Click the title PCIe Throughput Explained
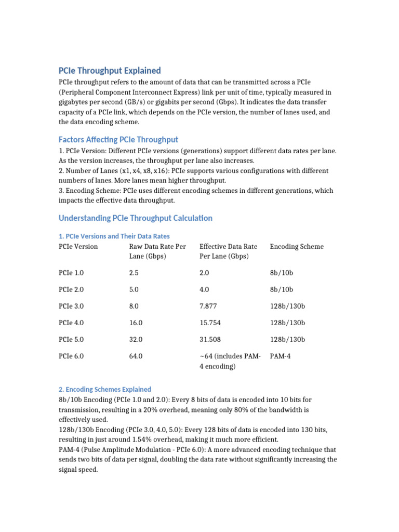pos(110,71)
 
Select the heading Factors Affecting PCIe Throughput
pos(118,139)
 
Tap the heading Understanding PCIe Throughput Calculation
pos(136,218)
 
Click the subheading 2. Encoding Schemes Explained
pos(105,389)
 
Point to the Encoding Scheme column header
pos(297,247)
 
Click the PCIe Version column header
pos(78,247)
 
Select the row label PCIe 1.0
pos(71,273)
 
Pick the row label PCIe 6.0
pos(71,356)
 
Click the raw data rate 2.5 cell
pos(134,273)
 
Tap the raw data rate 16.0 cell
pos(136,323)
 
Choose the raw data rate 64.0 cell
pos(136,356)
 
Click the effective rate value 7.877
pos(208,306)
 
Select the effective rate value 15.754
pos(210,323)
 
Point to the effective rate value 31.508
pos(210,340)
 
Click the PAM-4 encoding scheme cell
pos(281,356)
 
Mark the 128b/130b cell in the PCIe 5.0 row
pos(287,340)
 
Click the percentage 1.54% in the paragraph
pos(140,440)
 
